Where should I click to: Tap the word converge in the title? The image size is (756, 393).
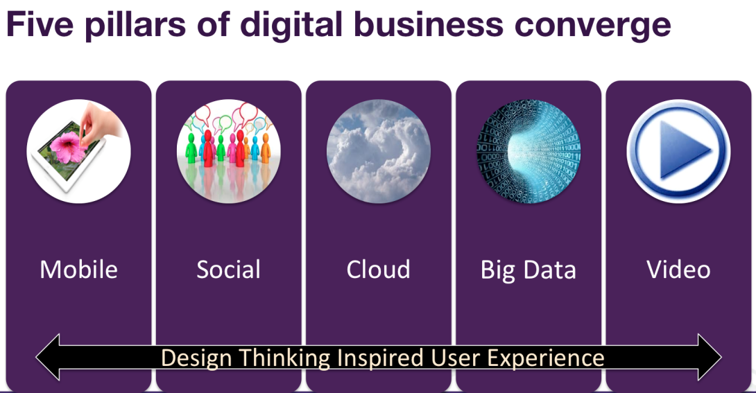point(592,26)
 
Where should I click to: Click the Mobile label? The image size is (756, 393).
point(78,269)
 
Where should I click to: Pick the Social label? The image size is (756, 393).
point(229,269)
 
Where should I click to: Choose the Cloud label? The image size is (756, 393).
point(379,269)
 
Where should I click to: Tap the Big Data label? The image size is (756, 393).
point(529,270)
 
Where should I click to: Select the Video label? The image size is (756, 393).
point(678,269)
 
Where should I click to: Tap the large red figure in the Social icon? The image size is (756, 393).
point(208,148)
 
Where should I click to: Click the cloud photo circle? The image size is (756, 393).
point(379,151)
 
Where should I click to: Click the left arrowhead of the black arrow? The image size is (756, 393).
point(49,357)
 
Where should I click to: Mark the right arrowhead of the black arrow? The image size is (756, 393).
point(710,357)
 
